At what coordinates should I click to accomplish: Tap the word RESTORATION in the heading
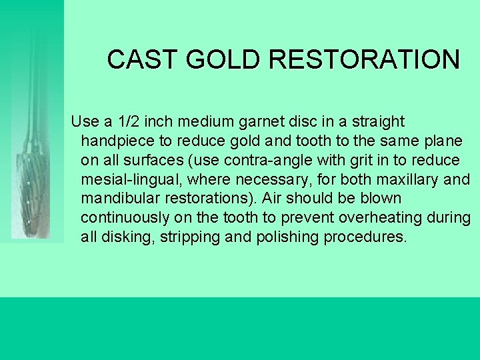click(365, 60)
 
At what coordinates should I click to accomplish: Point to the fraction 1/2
click(129, 122)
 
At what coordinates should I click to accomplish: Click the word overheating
click(385, 219)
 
